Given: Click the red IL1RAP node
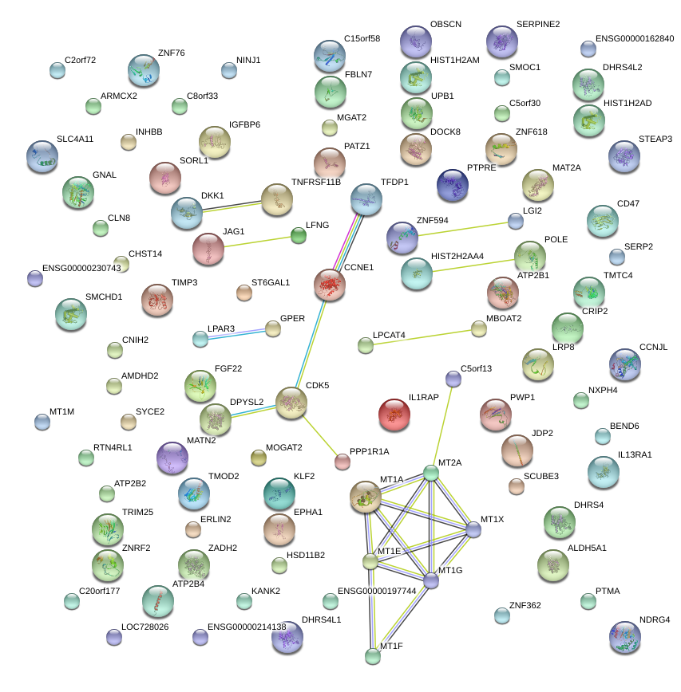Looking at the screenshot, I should tap(393, 415).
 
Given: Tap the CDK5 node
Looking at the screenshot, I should tap(291, 403).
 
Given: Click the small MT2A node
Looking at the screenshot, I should tap(431, 473).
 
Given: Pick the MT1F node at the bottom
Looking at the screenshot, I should tap(373, 656).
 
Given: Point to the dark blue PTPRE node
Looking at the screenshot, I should tap(453, 185).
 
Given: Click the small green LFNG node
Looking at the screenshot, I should tap(298, 235).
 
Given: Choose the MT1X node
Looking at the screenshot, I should tap(473, 529).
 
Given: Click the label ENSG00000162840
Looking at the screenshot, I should tap(635, 38).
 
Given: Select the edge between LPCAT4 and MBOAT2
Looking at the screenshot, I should tap(421, 336).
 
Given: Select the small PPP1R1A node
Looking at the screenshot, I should tap(342, 461).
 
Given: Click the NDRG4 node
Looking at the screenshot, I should tap(624, 636).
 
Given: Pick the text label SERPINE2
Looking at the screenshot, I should tap(538, 25).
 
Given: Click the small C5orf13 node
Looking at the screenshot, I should tap(453, 379).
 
